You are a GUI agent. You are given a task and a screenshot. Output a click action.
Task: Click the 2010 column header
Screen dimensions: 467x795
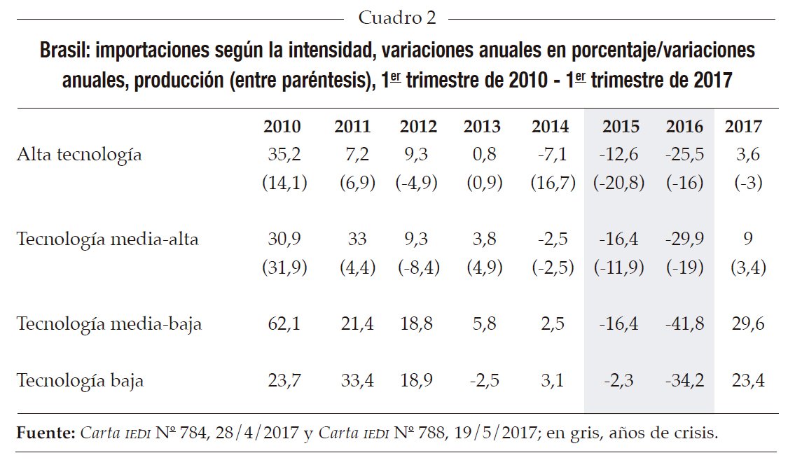coord(282,127)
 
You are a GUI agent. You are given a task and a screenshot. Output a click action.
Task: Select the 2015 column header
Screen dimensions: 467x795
coord(621,127)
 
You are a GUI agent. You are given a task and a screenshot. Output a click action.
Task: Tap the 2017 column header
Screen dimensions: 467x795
coord(743,127)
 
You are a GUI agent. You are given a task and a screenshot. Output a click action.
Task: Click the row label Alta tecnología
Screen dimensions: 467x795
coord(79,155)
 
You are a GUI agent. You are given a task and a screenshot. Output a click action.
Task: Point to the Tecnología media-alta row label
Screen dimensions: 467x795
coord(107,239)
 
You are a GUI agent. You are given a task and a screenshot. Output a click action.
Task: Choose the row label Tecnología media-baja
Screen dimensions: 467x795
coord(109,325)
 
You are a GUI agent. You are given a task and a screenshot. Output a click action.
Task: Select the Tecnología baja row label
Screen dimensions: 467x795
coord(80,381)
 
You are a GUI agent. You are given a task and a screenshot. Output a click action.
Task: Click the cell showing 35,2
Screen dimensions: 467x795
coord(284,155)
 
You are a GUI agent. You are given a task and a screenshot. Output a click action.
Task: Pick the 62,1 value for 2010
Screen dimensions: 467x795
coord(284,325)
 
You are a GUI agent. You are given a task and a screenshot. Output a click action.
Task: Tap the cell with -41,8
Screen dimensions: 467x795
coord(684,325)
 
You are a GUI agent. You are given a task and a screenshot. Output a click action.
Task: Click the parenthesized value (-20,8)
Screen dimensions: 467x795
coord(621,183)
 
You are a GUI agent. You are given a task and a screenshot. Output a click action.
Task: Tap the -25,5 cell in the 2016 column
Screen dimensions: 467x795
coord(684,155)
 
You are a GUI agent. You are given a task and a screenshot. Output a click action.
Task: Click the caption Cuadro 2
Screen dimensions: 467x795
coord(396,18)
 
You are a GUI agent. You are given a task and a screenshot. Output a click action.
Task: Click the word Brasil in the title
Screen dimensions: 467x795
coord(65,52)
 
